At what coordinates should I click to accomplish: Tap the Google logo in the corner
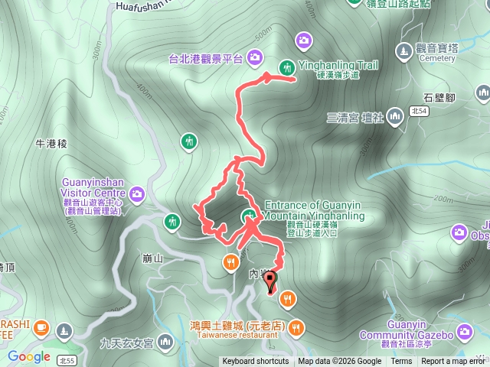[x=29, y=357]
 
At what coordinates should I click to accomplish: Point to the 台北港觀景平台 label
[x=206, y=57]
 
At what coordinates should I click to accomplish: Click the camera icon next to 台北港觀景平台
[x=254, y=56]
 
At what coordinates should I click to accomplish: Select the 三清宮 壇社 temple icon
[x=395, y=117]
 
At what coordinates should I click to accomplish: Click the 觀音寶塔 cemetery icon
[x=403, y=50]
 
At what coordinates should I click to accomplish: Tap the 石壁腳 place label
[x=439, y=97]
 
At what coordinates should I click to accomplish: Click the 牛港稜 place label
[x=52, y=144]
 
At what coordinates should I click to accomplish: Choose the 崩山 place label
[x=153, y=258]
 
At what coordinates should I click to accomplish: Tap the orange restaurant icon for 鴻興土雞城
[x=297, y=329]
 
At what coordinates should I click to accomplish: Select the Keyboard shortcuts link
[x=256, y=362]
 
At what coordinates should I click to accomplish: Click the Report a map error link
[x=455, y=362]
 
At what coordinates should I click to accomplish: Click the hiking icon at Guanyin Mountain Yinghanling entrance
[x=249, y=216]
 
